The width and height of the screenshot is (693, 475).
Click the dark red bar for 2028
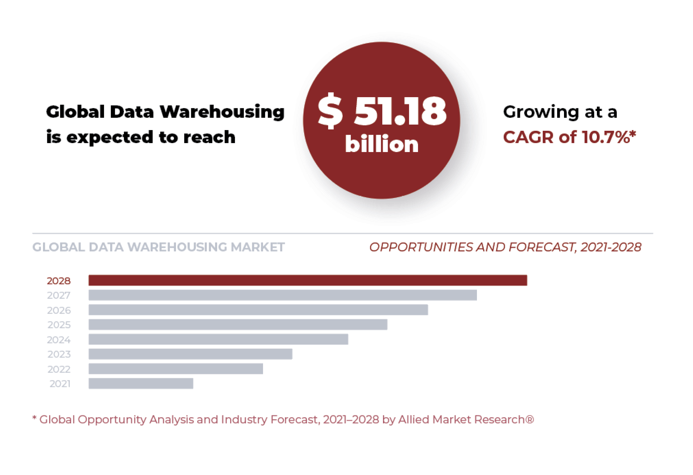tap(307, 280)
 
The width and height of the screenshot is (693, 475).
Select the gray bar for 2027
tap(283, 295)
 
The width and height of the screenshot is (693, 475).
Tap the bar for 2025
tap(238, 324)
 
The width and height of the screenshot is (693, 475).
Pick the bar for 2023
tap(190, 354)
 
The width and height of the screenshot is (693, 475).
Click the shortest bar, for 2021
tap(141, 384)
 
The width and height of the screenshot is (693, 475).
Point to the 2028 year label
tap(59, 281)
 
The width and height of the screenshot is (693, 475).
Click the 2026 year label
tap(59, 310)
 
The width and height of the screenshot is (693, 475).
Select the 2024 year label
tap(59, 340)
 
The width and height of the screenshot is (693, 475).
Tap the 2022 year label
tap(59, 369)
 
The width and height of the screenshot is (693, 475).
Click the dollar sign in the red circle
tap(330, 111)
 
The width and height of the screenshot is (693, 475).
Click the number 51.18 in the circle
tap(400, 111)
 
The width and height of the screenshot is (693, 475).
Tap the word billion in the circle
tap(382, 144)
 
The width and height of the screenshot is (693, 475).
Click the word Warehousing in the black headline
tap(222, 112)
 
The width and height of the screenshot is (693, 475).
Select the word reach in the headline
tap(209, 137)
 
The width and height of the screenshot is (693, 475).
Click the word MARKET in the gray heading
tap(258, 247)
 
